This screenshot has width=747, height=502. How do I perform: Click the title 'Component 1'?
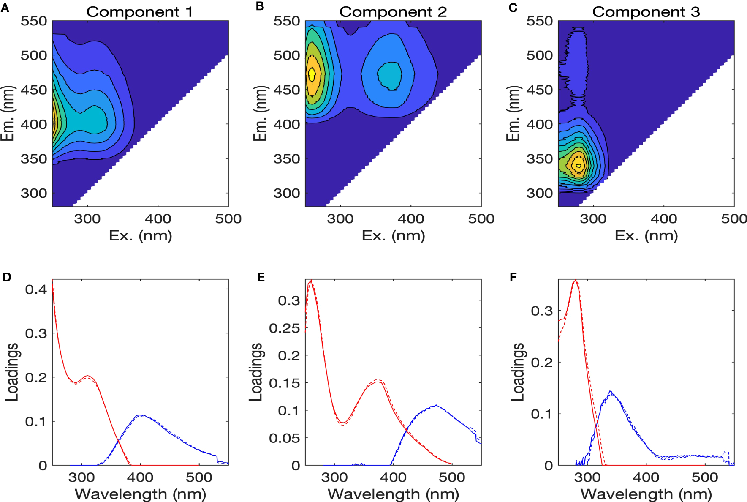point(139,11)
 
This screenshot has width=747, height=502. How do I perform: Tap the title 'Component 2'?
point(393,11)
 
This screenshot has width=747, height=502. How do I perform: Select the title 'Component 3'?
point(646,11)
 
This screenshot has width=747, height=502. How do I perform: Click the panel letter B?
point(260,6)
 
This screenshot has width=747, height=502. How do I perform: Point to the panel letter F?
point(513,277)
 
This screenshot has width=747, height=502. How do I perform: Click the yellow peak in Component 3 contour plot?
point(578,165)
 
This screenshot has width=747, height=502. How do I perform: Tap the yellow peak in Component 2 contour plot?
point(312,74)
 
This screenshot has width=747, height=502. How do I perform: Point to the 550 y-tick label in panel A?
point(34,21)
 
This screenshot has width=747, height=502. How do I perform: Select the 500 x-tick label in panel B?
point(481,218)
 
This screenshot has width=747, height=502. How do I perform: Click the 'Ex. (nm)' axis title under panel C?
point(646,235)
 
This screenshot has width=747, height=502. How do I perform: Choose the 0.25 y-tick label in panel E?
point(284,328)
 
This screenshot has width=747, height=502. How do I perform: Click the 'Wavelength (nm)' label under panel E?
point(393,494)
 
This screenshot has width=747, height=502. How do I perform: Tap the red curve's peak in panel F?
point(576,280)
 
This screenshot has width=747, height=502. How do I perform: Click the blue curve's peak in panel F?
point(610,392)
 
